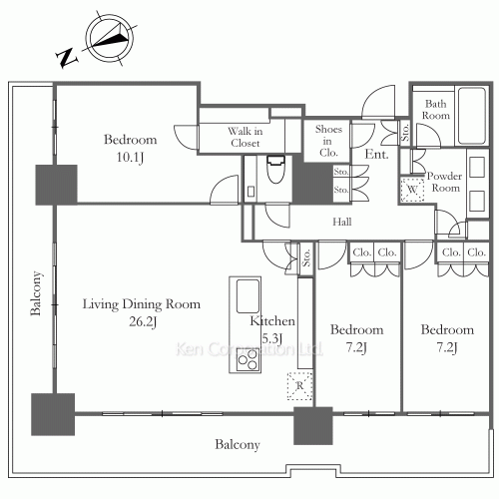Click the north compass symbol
pyautogui.click(x=110, y=38)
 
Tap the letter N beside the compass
pyautogui.click(x=67, y=58)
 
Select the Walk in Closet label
pyautogui.click(x=246, y=137)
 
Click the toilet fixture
pyautogui.click(x=275, y=169)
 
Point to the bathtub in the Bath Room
pyautogui.click(x=471, y=116)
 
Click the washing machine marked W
pyautogui.click(x=412, y=190)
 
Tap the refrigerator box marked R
pyautogui.click(x=299, y=385)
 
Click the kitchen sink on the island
pyautogui.click(x=248, y=296)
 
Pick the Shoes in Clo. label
pyautogui.click(x=328, y=141)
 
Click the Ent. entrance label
pyautogui.click(x=376, y=154)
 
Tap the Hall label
pyautogui.click(x=342, y=222)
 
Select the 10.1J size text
pyautogui.click(x=130, y=157)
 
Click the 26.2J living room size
pyautogui.click(x=143, y=321)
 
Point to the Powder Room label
pyautogui.click(x=445, y=182)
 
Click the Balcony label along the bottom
pyautogui.click(x=238, y=444)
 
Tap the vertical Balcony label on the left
pyautogui.click(x=36, y=293)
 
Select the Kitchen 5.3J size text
pyautogui.click(x=272, y=338)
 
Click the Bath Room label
pyautogui.click(x=436, y=110)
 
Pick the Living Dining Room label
pyautogui.click(x=142, y=304)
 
